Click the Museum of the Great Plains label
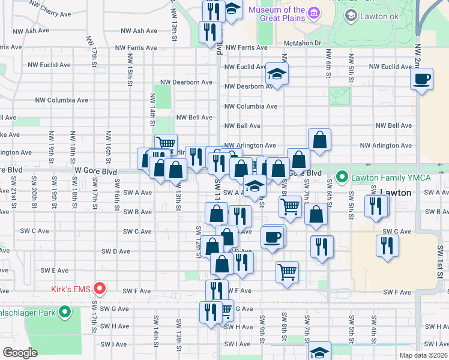pyautogui.click(x=277, y=14)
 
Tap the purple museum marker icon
pyautogui.click(x=314, y=13)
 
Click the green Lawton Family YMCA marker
pyautogui.click(x=342, y=176)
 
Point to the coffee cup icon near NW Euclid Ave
pyautogui.click(x=422, y=78)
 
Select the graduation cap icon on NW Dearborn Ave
pyautogui.click(x=277, y=74)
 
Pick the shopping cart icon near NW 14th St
pyautogui.click(x=165, y=143)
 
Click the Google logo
pyautogui.click(x=20, y=353)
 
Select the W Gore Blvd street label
pyautogui.click(x=95, y=171)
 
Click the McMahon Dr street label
pyautogui.click(x=303, y=43)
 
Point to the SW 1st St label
pyautogui.click(x=440, y=257)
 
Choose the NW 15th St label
pyautogui.click(x=130, y=67)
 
